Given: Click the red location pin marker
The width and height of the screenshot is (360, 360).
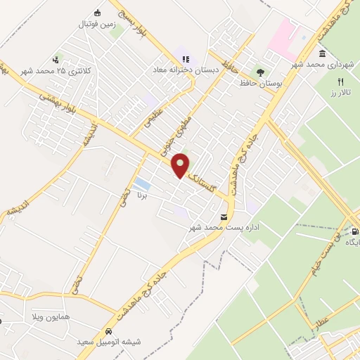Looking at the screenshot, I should (x=181, y=165).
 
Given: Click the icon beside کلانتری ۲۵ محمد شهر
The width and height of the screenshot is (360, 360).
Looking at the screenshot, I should (x=56, y=60).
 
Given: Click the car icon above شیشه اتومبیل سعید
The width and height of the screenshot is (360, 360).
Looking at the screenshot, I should (x=108, y=330).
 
